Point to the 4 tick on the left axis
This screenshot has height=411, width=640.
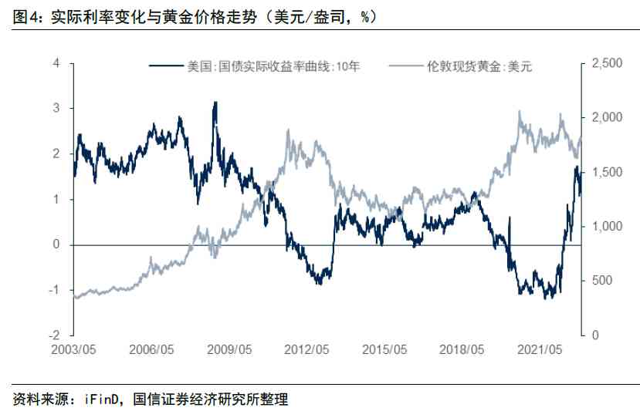coord(56,63)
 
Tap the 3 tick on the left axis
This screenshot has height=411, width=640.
coord(56,109)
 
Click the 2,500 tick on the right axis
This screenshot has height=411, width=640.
coord(605,63)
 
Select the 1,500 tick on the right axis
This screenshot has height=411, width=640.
coord(605,172)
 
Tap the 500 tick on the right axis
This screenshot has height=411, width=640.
coord(600,281)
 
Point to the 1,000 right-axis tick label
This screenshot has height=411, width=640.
coord(605,227)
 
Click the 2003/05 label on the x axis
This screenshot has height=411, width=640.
coord(76,349)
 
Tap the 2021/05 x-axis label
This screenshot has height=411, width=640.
coord(540,349)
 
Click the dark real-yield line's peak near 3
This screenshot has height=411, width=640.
coord(215,103)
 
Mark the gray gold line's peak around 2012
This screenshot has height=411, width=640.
coord(289,130)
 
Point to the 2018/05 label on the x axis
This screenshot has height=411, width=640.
coord(462,349)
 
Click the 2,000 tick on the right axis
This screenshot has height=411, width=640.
coord(605,118)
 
